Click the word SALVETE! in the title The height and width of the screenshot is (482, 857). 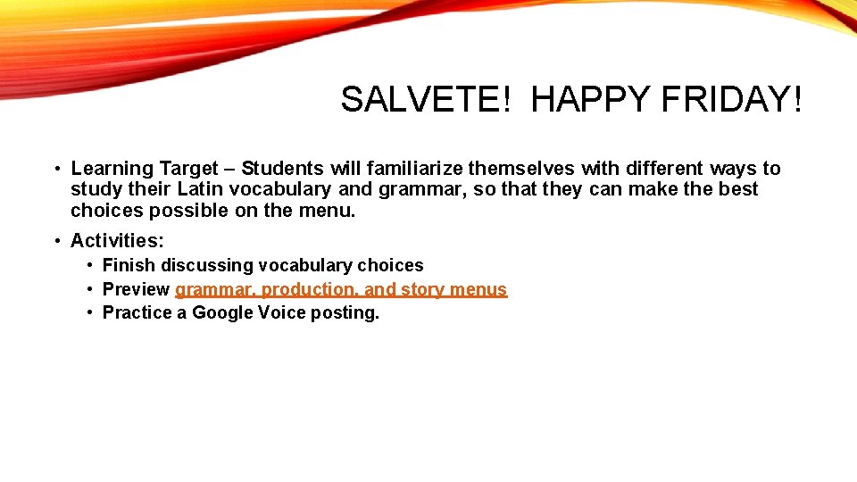[x=424, y=100]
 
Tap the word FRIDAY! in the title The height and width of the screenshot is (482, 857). [x=731, y=100]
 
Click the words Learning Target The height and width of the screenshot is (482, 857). [x=144, y=169]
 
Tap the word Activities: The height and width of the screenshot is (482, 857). [x=117, y=241]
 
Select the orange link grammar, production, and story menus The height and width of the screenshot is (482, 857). [x=341, y=289]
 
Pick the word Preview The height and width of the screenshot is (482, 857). [x=136, y=289]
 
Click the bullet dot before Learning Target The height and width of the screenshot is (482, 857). [x=55, y=169]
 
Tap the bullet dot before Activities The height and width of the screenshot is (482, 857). [x=55, y=241]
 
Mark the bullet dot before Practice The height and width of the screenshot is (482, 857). [x=91, y=312]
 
